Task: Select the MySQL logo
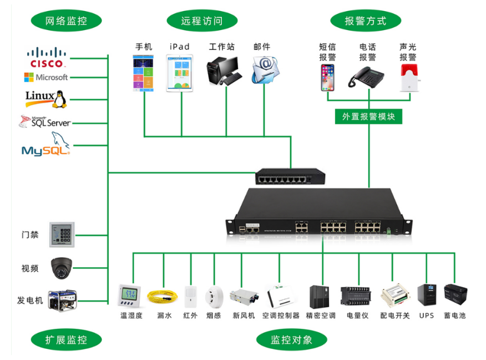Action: point(45,146)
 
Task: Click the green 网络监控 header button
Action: point(66,21)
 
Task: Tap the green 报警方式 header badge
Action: point(365,21)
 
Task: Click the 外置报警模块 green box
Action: point(368,116)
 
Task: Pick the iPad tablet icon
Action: point(179,72)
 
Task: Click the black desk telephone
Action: point(367,76)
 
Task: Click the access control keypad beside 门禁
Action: point(61,235)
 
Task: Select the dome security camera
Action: point(61,268)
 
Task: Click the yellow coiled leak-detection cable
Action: point(162,297)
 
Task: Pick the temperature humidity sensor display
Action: point(131,296)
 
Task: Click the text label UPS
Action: point(426,316)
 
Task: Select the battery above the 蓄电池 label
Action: point(454,295)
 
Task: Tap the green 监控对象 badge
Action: point(291,339)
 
